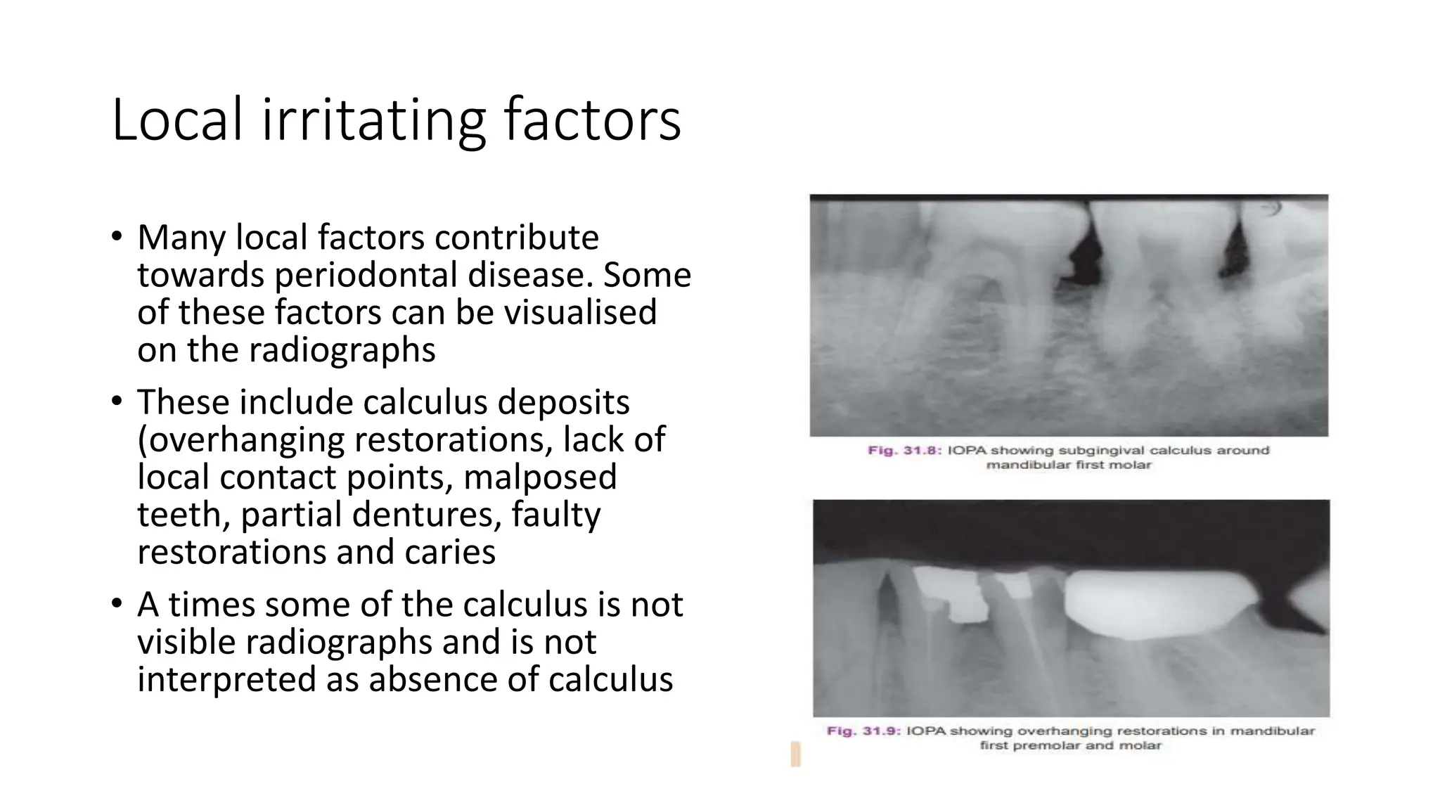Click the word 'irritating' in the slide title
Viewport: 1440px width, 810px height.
pos(373,120)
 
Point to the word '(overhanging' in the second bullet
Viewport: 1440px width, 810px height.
pos(240,440)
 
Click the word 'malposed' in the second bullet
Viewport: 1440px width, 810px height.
pos(540,477)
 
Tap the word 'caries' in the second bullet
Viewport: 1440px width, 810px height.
pos(450,552)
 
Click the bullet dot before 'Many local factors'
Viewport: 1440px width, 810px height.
pos(117,236)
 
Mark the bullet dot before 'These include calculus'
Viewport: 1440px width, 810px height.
pos(117,401)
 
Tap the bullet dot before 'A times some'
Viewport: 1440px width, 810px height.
pos(117,603)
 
